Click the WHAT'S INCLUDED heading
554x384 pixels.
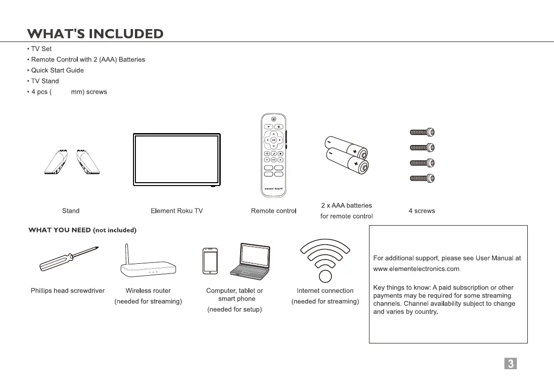(95, 34)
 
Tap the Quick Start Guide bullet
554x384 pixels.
(57, 70)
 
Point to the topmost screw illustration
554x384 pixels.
(422, 132)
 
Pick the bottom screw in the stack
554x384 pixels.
(422, 179)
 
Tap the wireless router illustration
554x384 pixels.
(148, 266)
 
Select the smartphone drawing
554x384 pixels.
(210, 261)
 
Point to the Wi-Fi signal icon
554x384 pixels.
(325, 260)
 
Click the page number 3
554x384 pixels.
(510, 363)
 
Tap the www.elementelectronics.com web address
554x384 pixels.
(416, 269)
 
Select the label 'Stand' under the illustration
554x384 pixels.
(71, 211)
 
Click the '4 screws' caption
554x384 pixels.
(421, 211)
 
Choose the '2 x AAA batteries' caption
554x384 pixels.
(346, 206)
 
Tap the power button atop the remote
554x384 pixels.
(273, 119)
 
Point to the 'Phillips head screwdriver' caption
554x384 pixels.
(68, 291)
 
